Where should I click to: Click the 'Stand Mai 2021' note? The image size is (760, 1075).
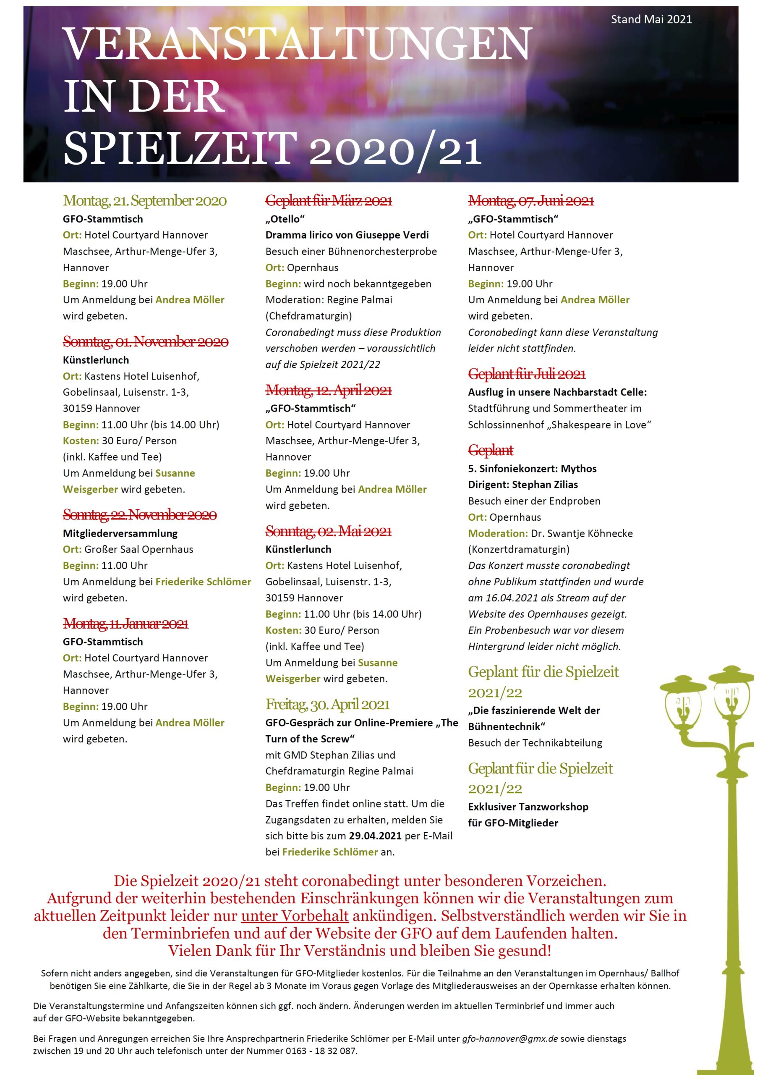coord(651,19)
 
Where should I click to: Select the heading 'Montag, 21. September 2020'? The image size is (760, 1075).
coord(145,201)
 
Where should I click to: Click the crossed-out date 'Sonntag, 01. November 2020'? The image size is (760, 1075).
coord(146,342)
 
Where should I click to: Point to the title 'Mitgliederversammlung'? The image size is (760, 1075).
coord(120,533)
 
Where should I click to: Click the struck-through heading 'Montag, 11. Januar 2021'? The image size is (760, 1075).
coord(125,624)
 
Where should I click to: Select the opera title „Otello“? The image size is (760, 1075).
coord(285,219)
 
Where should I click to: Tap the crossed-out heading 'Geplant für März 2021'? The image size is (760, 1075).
coord(329,201)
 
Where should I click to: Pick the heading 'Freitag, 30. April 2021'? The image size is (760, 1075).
coord(327,704)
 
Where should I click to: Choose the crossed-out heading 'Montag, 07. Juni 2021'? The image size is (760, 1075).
coord(531,201)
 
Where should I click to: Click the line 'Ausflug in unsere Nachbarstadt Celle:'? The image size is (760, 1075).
coord(557,392)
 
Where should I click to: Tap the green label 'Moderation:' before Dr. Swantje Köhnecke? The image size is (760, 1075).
coord(497,533)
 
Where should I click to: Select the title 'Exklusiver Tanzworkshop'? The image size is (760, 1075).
coord(528,807)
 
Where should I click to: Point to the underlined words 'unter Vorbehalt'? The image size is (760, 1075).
coord(295,916)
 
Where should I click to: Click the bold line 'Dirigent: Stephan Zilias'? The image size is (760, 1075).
coord(523,485)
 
